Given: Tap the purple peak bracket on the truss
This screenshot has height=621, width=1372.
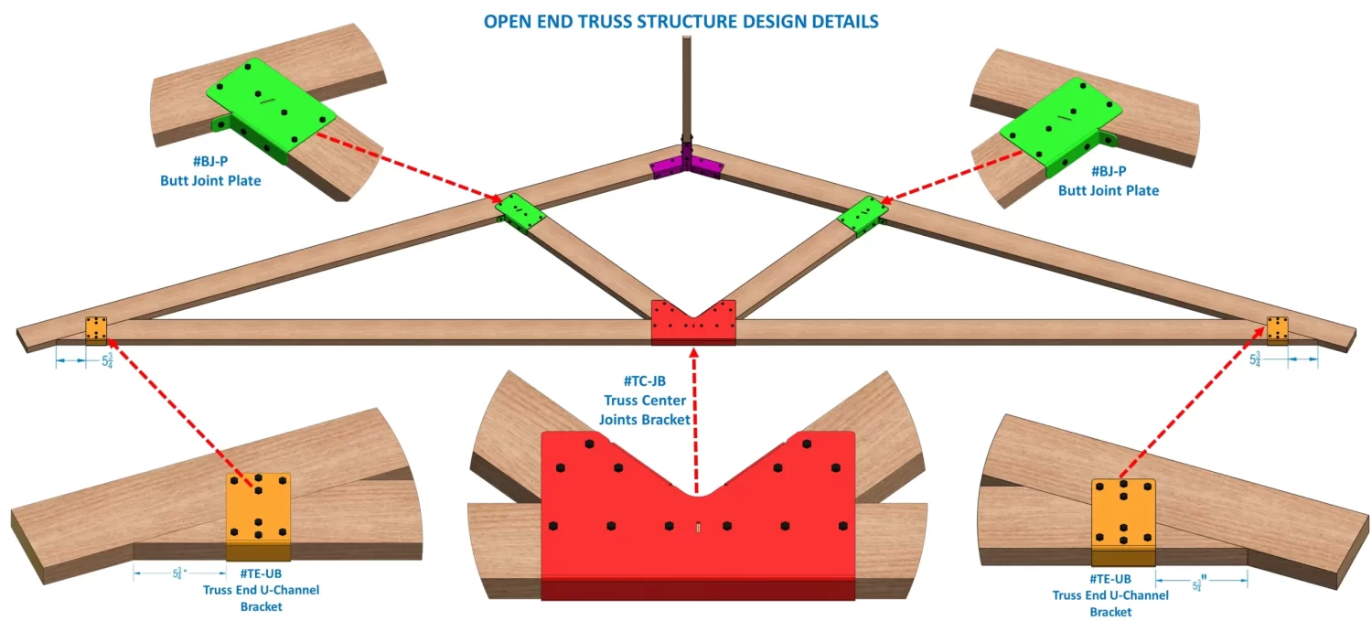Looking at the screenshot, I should click(x=686, y=167).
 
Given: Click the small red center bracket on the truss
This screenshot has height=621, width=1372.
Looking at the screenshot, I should click(x=692, y=322).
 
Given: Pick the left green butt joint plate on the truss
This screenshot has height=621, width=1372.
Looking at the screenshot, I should click(x=520, y=213).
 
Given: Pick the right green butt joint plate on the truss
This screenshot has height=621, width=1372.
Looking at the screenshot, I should click(x=863, y=216).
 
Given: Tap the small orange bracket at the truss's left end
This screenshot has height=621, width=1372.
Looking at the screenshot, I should click(x=96, y=328).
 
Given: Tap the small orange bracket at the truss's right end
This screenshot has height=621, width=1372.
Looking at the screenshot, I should click(x=1277, y=327).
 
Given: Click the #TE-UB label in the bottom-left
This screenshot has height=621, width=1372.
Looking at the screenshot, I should click(x=261, y=573).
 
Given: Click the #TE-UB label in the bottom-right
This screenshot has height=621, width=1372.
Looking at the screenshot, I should click(x=1110, y=579).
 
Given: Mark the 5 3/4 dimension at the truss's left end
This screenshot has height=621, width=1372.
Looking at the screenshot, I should click(x=107, y=359).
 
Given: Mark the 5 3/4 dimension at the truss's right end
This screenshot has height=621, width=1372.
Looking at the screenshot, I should click(x=1257, y=359).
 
